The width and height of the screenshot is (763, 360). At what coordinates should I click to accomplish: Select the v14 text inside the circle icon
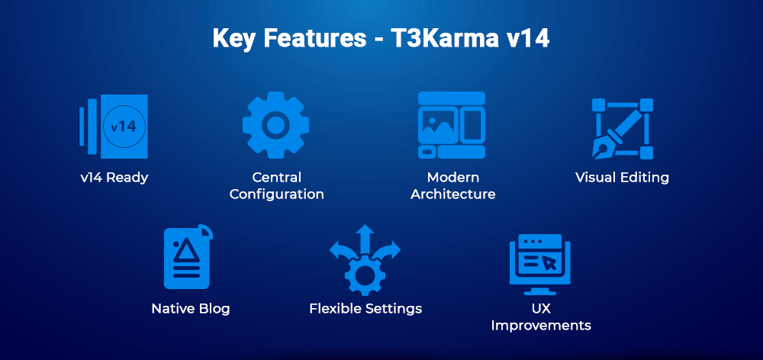point(124,126)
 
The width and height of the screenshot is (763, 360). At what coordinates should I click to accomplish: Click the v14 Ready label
point(114,178)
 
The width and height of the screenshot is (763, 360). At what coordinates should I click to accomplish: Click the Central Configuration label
point(276,186)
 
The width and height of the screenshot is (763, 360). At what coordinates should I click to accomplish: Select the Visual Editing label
point(622,178)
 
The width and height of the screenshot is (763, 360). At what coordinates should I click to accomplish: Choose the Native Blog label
point(190,309)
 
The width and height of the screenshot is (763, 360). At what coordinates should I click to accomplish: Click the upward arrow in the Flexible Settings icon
point(365,235)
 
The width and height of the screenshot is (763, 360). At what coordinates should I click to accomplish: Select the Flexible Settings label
point(365,309)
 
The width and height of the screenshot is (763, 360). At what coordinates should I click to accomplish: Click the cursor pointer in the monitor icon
point(549,262)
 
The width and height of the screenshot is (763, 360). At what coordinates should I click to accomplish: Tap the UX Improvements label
point(540,317)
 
